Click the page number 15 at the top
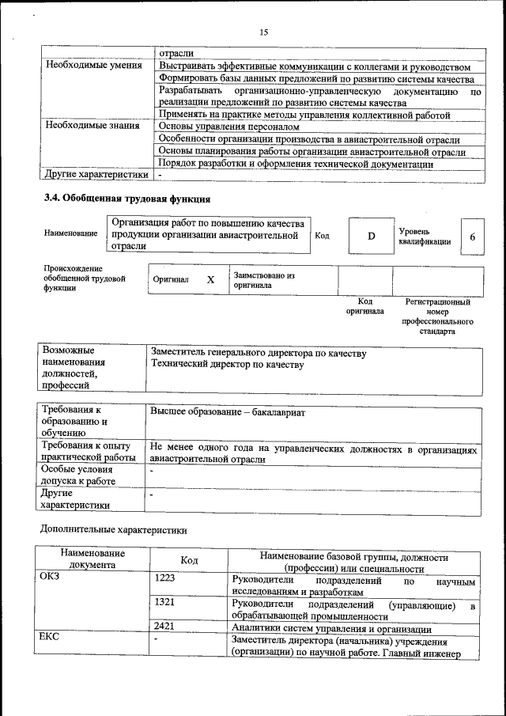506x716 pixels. coord(263,32)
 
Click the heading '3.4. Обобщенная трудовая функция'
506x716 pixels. coord(126,198)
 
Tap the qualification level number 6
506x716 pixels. coord(472,237)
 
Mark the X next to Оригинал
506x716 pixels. coord(210,280)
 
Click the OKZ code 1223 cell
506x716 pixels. coord(165,579)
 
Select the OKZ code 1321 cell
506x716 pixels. coord(165,603)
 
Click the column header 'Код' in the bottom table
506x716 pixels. coord(189,560)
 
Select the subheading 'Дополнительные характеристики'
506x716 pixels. coord(114,528)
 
